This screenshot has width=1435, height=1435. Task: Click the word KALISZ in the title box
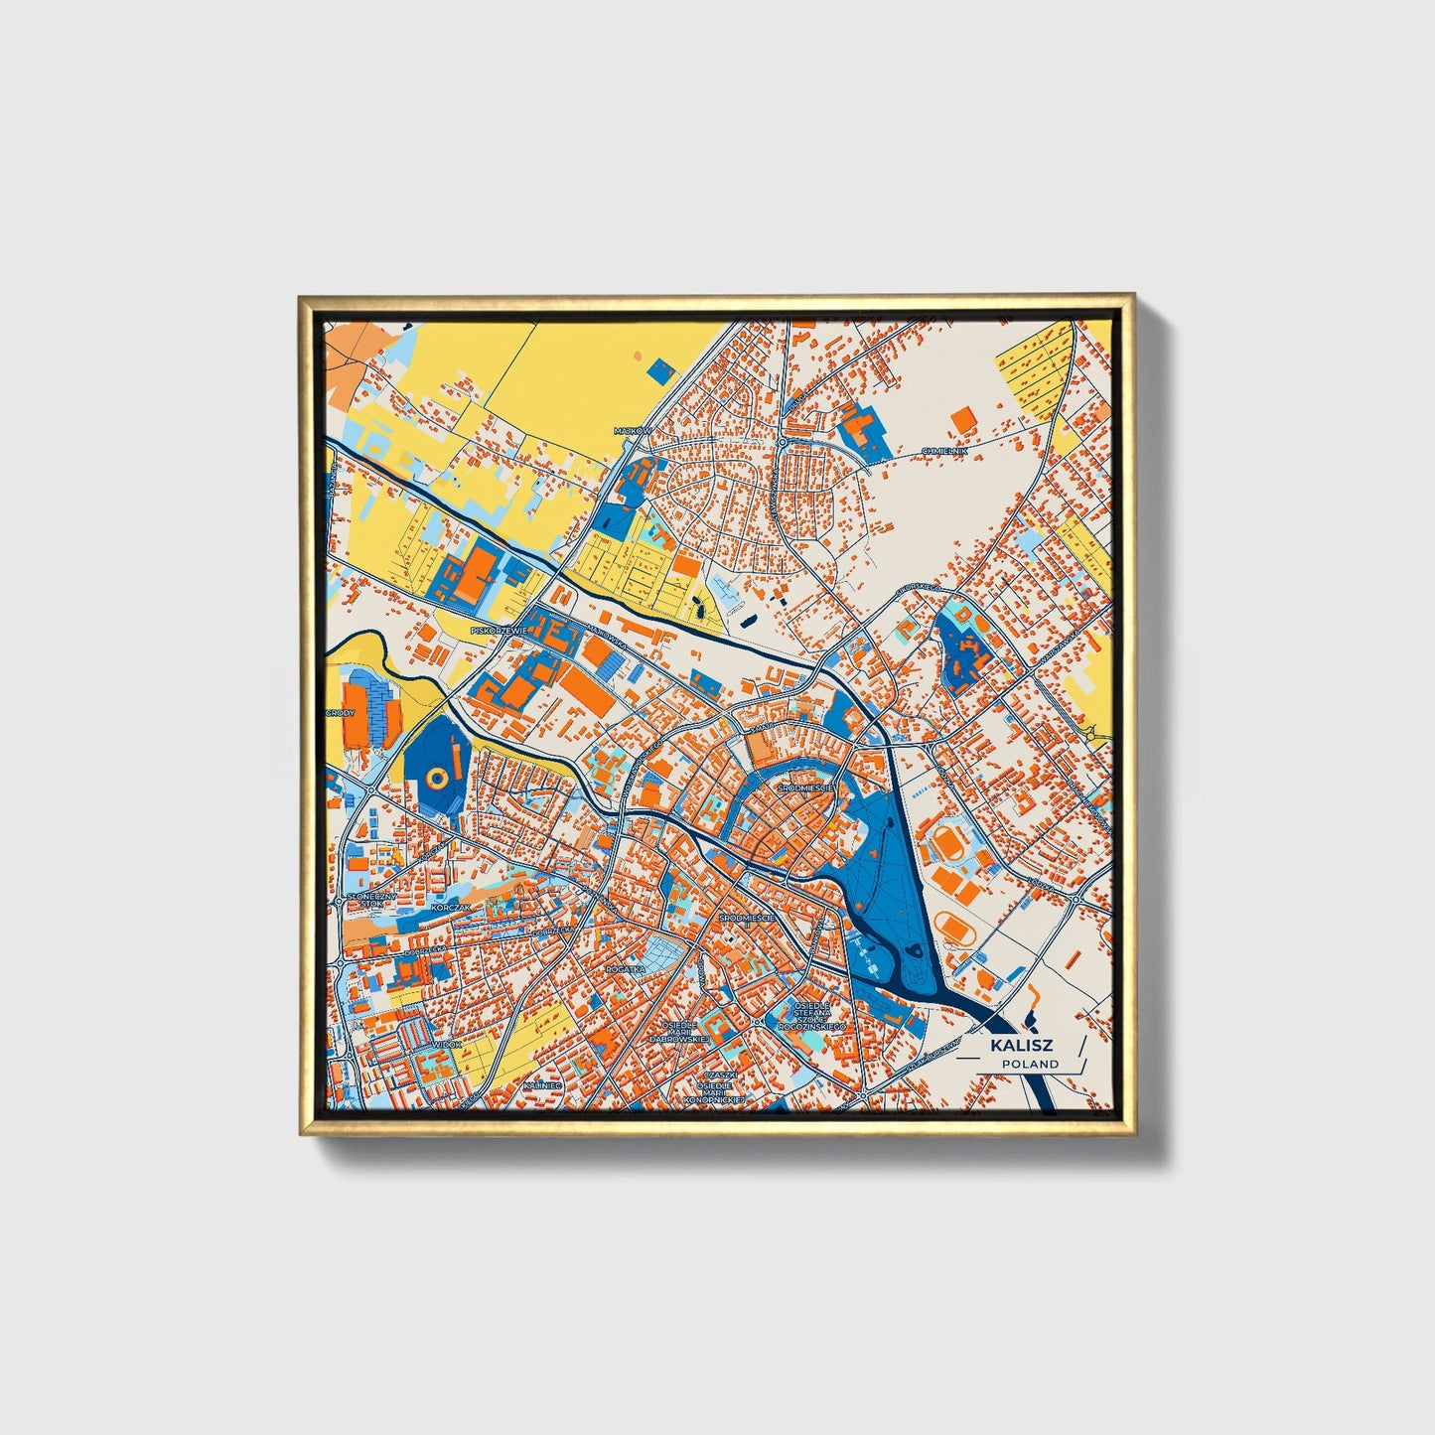[1020, 1046]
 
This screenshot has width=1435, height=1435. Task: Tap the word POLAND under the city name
[1029, 1064]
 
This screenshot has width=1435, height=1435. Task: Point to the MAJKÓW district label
[631, 431]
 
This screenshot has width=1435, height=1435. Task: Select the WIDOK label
[447, 1045]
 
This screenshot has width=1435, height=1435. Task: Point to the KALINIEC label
[543, 1086]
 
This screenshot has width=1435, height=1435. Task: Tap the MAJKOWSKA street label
[606, 636]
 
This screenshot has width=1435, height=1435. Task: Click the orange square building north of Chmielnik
[962, 419]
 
